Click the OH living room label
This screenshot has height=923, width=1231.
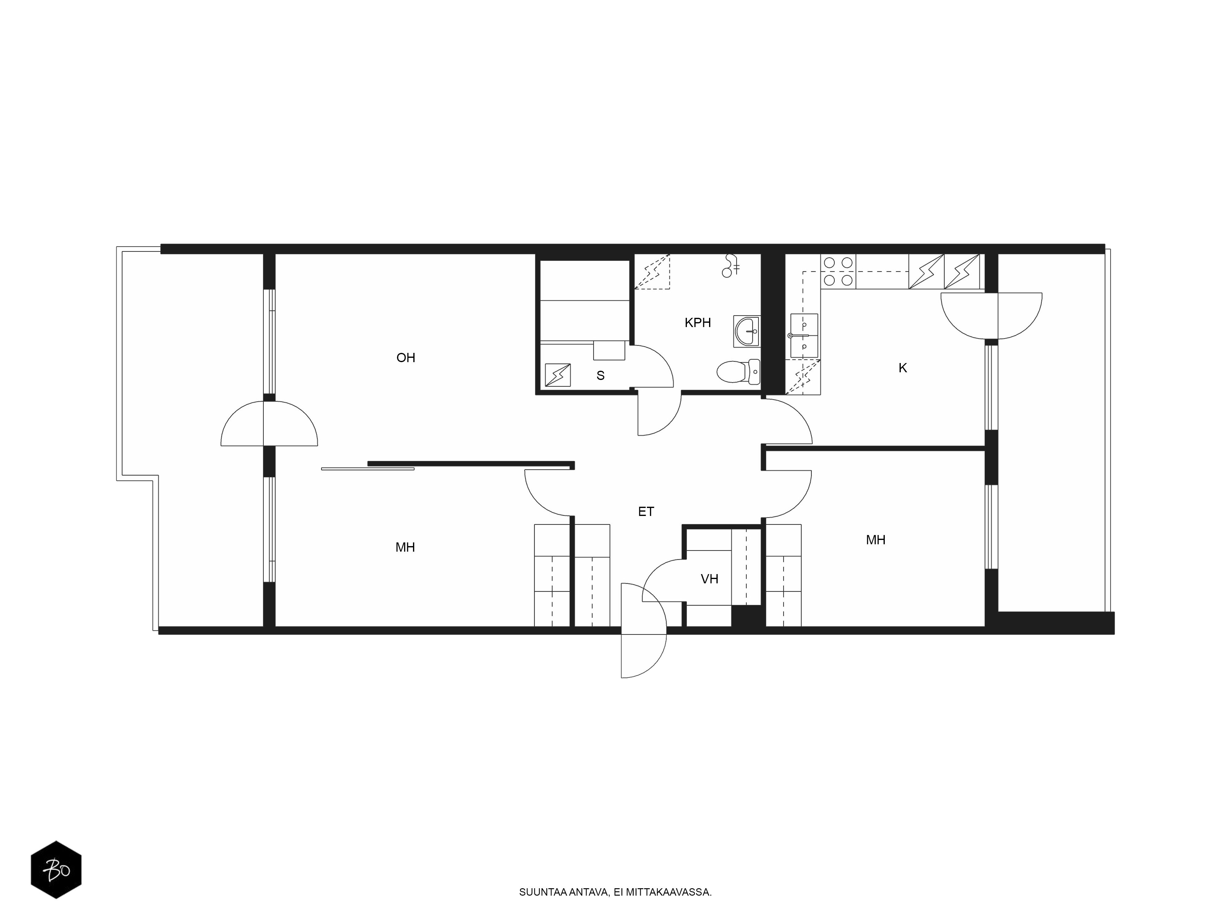(x=406, y=358)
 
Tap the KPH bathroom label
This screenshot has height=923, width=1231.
(x=698, y=323)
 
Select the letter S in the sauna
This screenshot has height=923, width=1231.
(x=600, y=376)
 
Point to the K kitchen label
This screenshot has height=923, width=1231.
(x=903, y=368)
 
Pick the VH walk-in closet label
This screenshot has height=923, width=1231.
(x=710, y=579)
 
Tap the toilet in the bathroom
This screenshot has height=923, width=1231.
(x=738, y=372)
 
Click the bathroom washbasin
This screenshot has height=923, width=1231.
(x=747, y=332)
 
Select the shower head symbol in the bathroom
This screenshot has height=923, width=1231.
(x=730, y=266)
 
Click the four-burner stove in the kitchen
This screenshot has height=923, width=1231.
(x=838, y=271)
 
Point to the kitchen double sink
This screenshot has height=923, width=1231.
(x=804, y=335)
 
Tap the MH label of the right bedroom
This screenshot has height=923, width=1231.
(x=875, y=540)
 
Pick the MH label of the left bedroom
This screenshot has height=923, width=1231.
(x=405, y=547)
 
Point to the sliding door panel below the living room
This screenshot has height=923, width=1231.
(x=368, y=469)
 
